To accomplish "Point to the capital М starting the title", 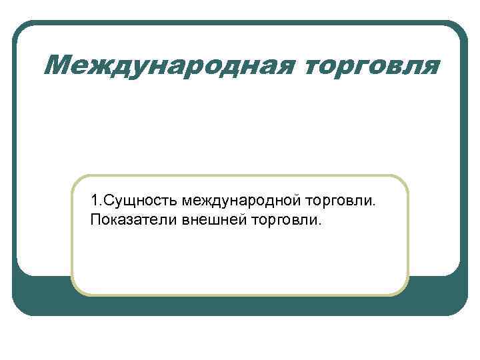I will [x=62, y=66].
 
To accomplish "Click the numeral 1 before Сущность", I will [x=94, y=200].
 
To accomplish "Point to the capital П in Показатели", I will [x=95, y=219].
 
